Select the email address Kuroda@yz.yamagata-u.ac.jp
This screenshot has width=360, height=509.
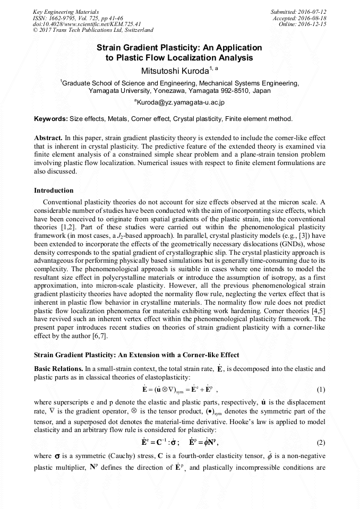180,101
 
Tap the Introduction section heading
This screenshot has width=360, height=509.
54,190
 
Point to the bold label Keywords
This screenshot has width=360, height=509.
50,118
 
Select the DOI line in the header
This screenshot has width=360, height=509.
87,24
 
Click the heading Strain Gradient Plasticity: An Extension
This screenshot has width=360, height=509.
136,355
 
